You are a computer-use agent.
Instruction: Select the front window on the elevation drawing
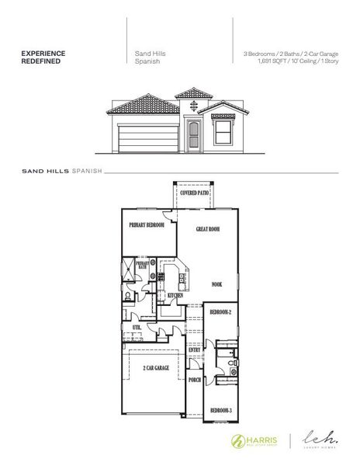tap(223, 134)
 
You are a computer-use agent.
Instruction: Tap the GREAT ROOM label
tap(209, 230)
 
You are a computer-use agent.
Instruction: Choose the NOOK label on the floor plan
tap(216, 284)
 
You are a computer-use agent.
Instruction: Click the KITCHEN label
tap(175, 295)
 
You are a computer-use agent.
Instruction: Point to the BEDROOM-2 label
tap(220, 312)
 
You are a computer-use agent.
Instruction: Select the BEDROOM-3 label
tap(220, 409)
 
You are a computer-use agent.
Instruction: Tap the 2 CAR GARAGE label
tap(157, 367)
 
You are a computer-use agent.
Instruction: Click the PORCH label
tap(195, 380)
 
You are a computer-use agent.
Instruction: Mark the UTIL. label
tap(138, 329)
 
